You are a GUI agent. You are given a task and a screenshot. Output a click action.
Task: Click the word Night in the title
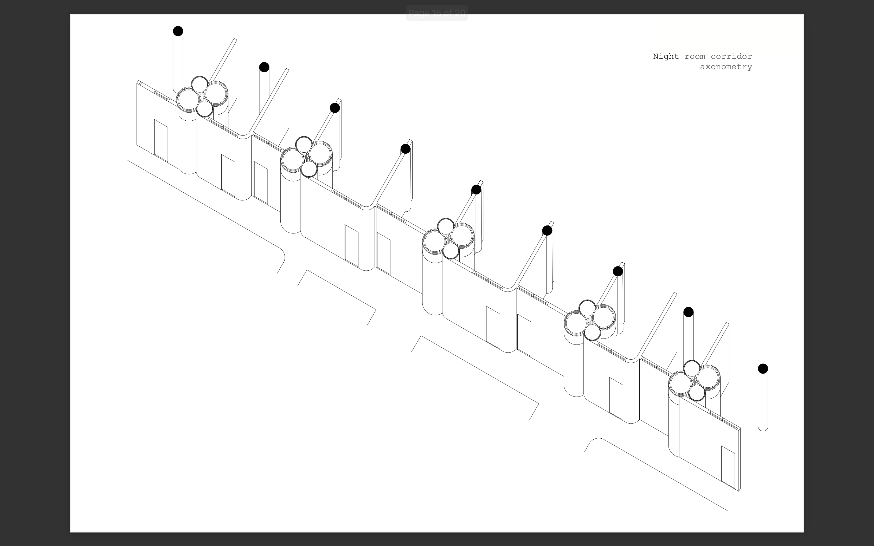(x=666, y=57)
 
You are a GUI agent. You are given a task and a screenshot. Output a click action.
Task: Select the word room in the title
(x=695, y=57)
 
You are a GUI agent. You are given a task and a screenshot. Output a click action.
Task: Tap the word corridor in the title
(x=731, y=56)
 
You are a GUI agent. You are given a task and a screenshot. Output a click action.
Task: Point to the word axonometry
(x=726, y=67)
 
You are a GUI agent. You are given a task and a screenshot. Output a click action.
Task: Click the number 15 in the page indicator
(x=436, y=13)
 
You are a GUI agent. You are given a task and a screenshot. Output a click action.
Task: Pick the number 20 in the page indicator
(x=460, y=13)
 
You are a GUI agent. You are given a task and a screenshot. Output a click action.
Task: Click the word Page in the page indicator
(x=419, y=13)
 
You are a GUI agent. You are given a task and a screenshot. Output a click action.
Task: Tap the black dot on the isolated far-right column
(x=763, y=369)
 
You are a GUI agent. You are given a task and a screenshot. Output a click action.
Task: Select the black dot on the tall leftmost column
(x=178, y=31)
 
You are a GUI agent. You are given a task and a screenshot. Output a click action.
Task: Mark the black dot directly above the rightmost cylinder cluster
(x=688, y=312)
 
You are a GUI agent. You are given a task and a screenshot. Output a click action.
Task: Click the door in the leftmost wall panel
(x=161, y=141)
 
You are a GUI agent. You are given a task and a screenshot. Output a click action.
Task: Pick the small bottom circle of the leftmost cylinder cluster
(x=205, y=109)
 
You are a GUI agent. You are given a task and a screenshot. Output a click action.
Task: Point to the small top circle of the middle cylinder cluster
(x=446, y=227)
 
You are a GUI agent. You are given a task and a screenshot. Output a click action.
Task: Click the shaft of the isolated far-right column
(x=763, y=400)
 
